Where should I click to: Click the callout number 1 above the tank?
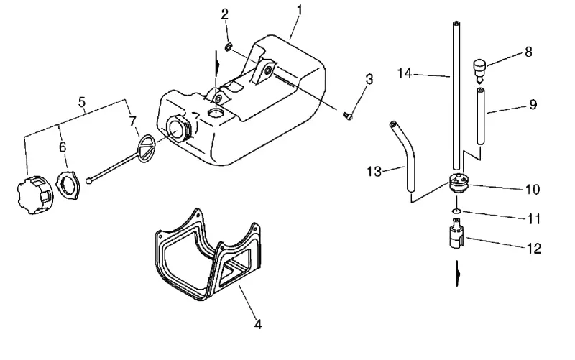299,10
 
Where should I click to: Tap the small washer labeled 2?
228,47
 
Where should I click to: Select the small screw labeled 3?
348,116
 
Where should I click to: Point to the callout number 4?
258,325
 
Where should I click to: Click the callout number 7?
133,121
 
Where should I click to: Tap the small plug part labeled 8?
479,70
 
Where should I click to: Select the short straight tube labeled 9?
481,116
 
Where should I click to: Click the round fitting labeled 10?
459,183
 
